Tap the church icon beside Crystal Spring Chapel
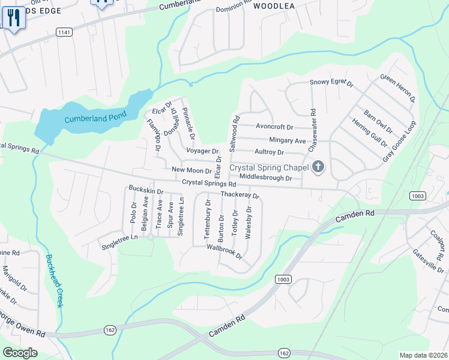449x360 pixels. coord(318,167)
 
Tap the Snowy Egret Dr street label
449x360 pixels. coord(332,83)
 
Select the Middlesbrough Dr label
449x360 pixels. coord(265,178)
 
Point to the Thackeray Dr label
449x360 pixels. coord(240,194)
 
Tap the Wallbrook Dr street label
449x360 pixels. coord(224,251)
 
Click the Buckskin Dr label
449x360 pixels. coord(146,190)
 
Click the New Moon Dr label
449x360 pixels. coord(188,170)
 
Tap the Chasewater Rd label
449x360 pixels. coord(312,130)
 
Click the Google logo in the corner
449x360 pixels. coord(20,352)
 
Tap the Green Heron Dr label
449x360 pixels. coord(398,88)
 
